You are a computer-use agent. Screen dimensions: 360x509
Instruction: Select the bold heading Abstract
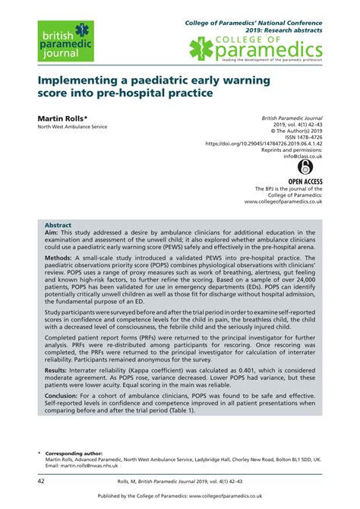coord(58,226)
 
